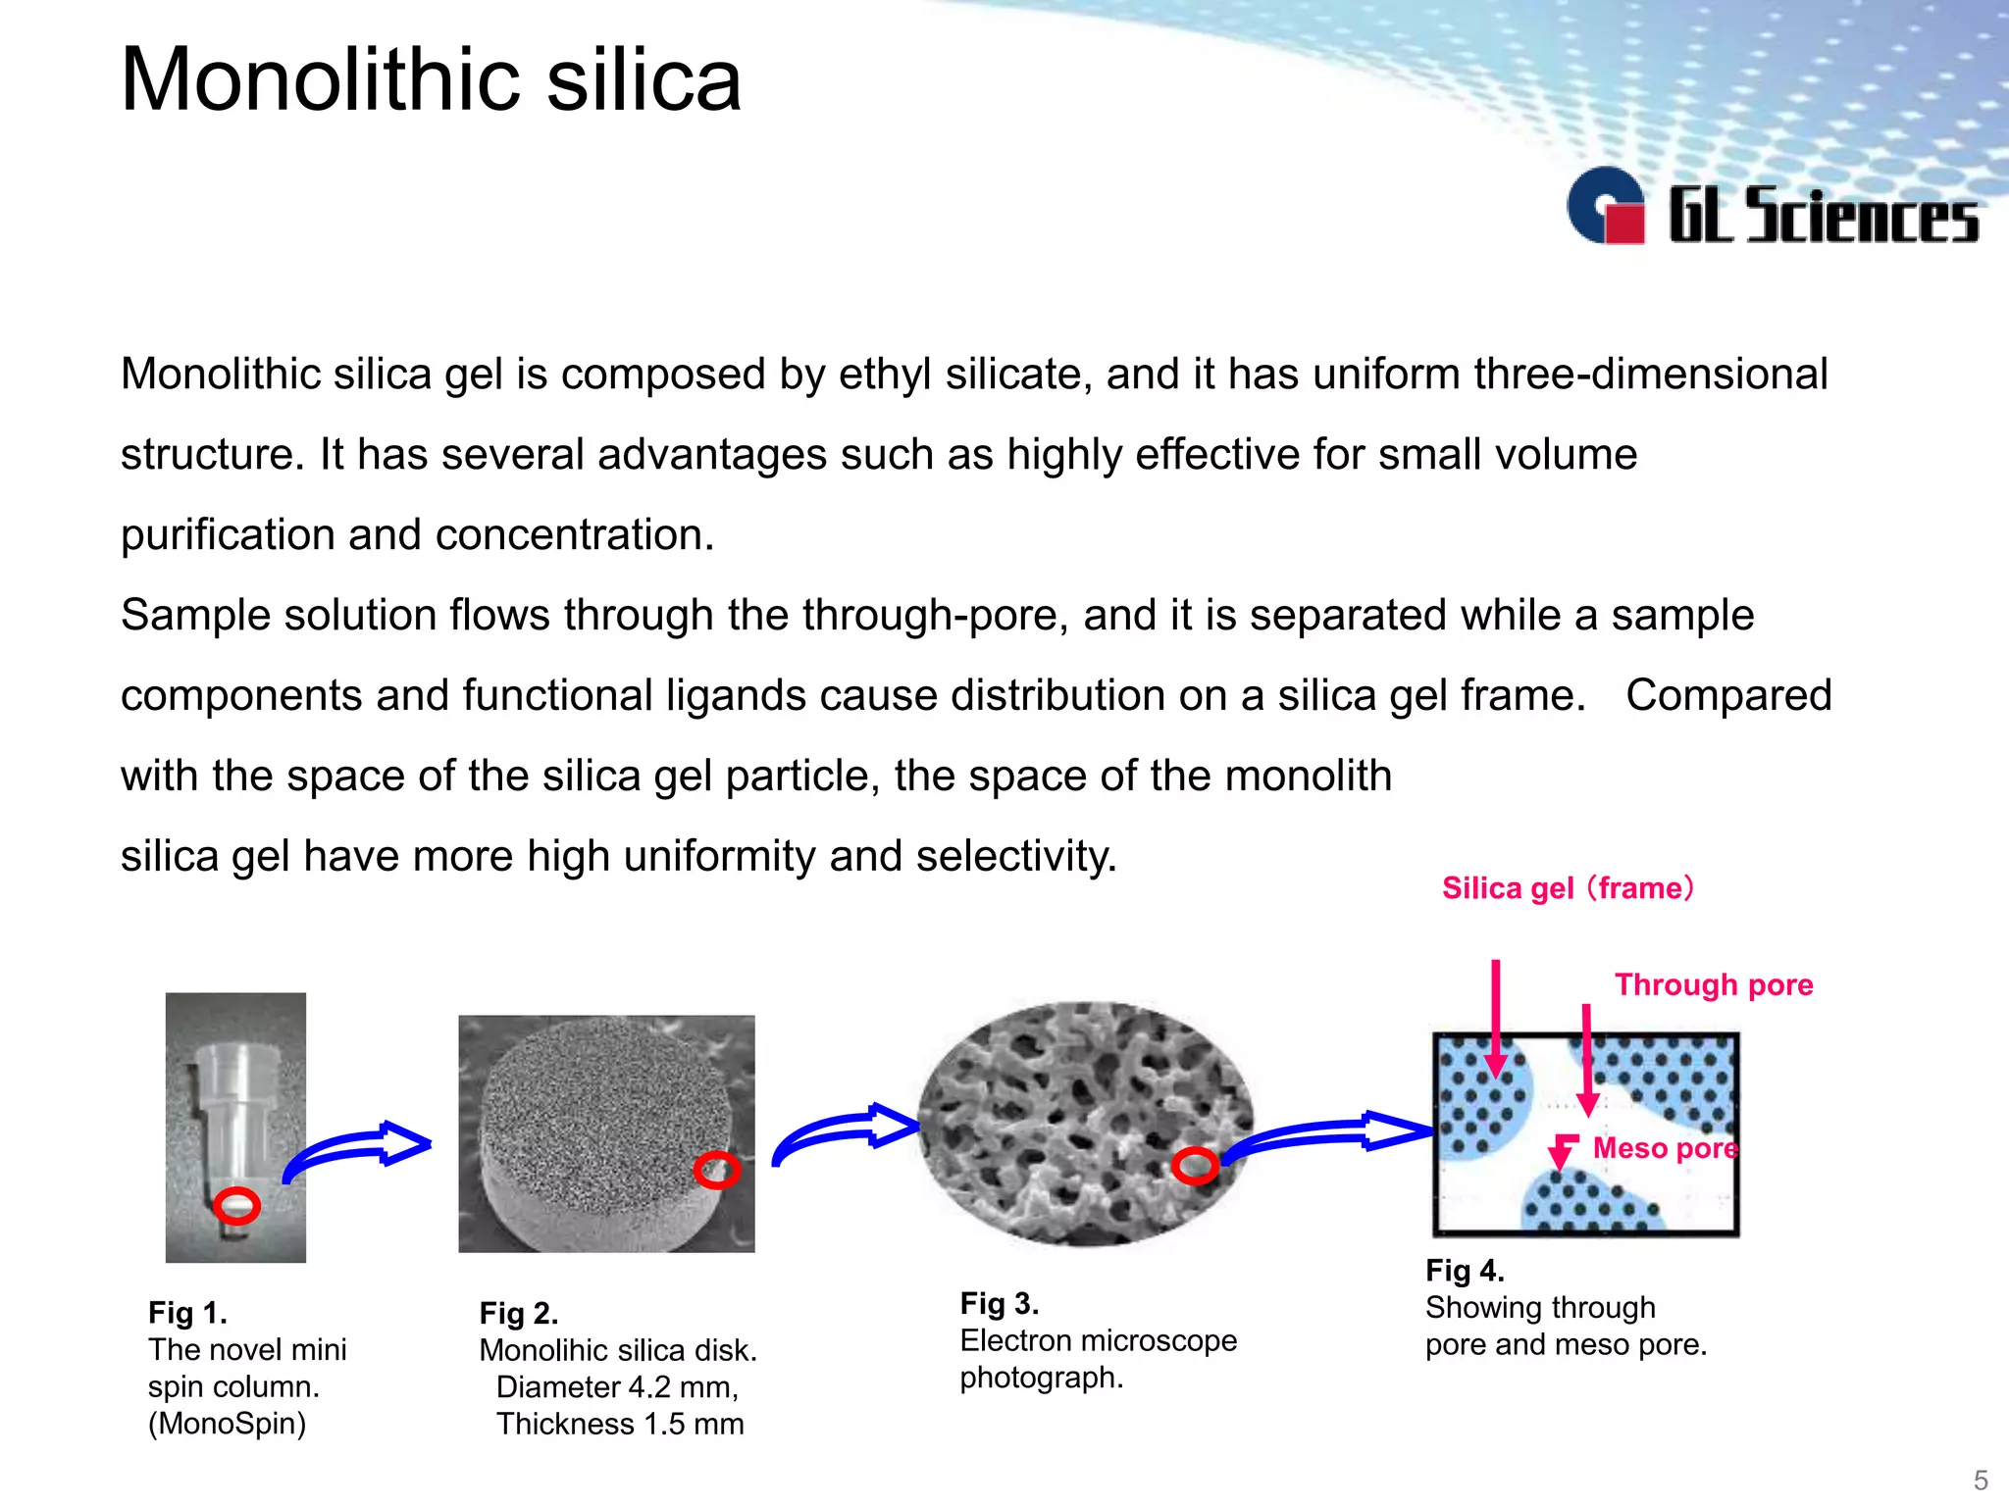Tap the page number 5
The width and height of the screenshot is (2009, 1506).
pos(1980,1480)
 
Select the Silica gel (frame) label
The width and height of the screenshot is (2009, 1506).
pos(1568,888)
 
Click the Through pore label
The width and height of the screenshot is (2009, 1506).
pos(1714,984)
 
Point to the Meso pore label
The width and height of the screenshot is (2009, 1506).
pos(1665,1148)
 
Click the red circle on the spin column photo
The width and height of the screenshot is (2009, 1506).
pos(236,1205)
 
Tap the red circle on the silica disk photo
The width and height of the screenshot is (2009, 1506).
pos(716,1170)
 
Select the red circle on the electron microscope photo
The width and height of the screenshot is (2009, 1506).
pos(1195,1166)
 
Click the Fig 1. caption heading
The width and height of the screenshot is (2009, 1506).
pos(187,1312)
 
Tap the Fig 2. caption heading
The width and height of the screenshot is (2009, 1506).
pos(519,1313)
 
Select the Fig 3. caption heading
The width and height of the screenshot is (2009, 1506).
pos(999,1303)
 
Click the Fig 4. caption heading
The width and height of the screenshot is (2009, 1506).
pos(1465,1271)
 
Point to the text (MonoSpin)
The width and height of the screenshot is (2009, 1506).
pos(227,1423)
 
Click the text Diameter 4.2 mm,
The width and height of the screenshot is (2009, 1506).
pos(617,1387)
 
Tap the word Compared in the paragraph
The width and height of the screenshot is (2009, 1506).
pos(1728,695)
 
